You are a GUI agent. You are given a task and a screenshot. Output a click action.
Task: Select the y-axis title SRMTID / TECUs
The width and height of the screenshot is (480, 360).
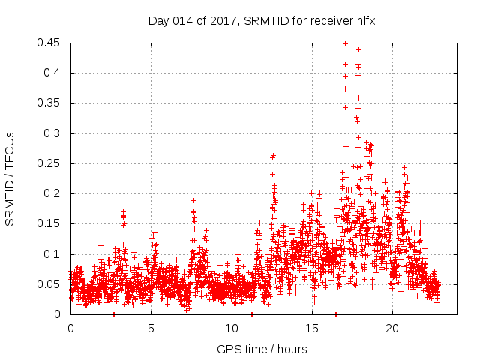coord(10,178)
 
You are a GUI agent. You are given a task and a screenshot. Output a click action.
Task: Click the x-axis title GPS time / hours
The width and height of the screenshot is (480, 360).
coord(262,349)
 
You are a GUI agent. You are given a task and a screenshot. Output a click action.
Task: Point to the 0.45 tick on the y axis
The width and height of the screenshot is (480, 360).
coord(50,43)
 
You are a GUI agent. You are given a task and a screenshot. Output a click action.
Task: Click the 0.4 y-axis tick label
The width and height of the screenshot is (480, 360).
coord(53,73)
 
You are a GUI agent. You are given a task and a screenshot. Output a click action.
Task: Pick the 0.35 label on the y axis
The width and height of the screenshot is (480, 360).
coord(50,103)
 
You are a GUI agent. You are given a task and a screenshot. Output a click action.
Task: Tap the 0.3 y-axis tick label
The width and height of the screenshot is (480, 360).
coord(53,133)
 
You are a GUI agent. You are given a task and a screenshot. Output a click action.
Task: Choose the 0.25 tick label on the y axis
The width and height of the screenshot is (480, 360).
coord(50,163)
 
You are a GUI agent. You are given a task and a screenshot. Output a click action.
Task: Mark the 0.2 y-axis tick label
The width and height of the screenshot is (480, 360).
coord(53,193)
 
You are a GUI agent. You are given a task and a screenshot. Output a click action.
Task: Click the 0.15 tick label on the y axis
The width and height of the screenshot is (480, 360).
coord(50,223)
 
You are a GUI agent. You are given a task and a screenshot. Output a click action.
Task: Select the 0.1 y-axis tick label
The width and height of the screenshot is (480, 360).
coord(53,254)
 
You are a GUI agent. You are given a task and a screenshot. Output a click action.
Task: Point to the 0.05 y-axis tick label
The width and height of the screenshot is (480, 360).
coord(50,284)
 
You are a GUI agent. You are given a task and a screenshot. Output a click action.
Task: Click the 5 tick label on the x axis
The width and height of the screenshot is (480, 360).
coord(151,328)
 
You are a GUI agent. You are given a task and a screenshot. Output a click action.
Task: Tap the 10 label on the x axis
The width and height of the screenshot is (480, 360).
coord(231,328)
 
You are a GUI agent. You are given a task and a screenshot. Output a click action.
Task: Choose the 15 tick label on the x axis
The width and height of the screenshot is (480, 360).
coord(311,328)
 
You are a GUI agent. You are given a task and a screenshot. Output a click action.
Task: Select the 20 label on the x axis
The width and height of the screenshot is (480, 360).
coord(391,328)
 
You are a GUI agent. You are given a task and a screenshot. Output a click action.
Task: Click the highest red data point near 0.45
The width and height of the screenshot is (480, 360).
coord(345,43)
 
